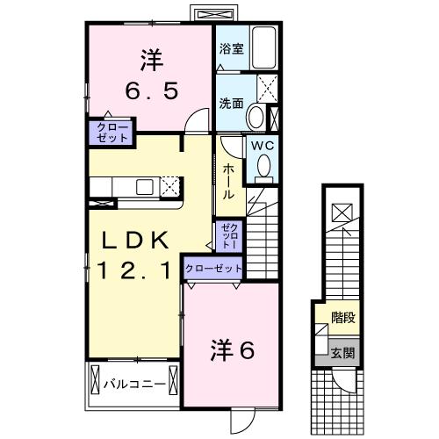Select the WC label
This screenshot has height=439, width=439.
[x=263, y=147]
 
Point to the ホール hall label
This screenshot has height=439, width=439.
[x=227, y=180]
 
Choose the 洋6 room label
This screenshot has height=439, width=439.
[x=232, y=350]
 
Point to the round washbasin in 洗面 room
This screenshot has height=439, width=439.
[x=255, y=115]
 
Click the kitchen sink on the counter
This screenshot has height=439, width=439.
[x=143, y=186]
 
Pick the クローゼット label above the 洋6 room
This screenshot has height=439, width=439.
[x=213, y=268]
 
